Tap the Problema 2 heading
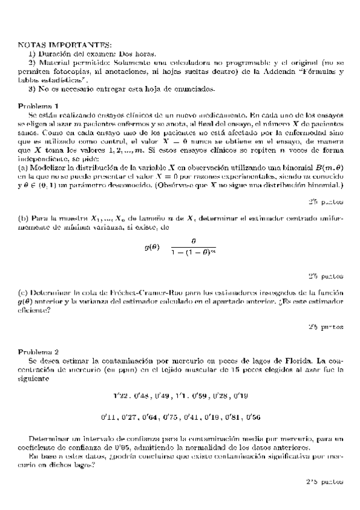38,351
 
